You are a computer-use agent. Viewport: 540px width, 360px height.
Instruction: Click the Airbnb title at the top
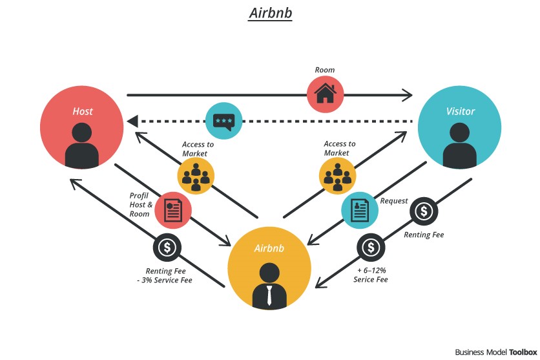coord(270,14)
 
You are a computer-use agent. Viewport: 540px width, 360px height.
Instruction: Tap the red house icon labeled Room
coord(326,94)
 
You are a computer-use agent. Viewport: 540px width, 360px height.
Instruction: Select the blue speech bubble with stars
coord(223,121)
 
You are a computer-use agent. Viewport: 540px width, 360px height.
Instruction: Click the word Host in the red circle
coord(82,111)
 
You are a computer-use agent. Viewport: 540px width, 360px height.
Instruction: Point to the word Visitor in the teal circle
coord(460,111)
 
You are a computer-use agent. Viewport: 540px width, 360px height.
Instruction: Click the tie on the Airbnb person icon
coord(269,295)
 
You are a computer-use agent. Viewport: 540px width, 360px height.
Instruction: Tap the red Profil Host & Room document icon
coord(172,210)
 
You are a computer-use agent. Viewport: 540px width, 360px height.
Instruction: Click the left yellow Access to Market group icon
coord(196,175)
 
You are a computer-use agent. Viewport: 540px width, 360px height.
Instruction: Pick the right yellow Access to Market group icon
coord(337,175)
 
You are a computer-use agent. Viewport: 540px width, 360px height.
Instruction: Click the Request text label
coord(393,201)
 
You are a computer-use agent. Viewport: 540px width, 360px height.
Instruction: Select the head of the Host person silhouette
coord(82,132)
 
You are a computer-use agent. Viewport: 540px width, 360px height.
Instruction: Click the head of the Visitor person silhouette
coord(460,132)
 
